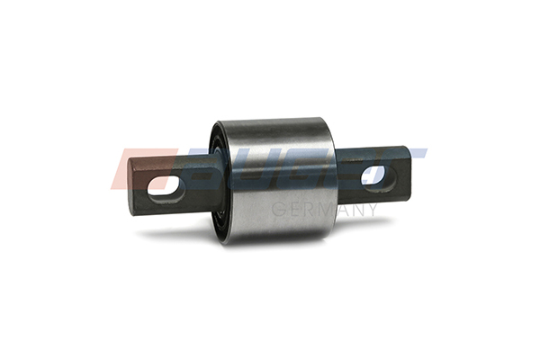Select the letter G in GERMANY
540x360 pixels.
click(276, 210)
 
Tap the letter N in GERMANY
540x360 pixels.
click(356, 210)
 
